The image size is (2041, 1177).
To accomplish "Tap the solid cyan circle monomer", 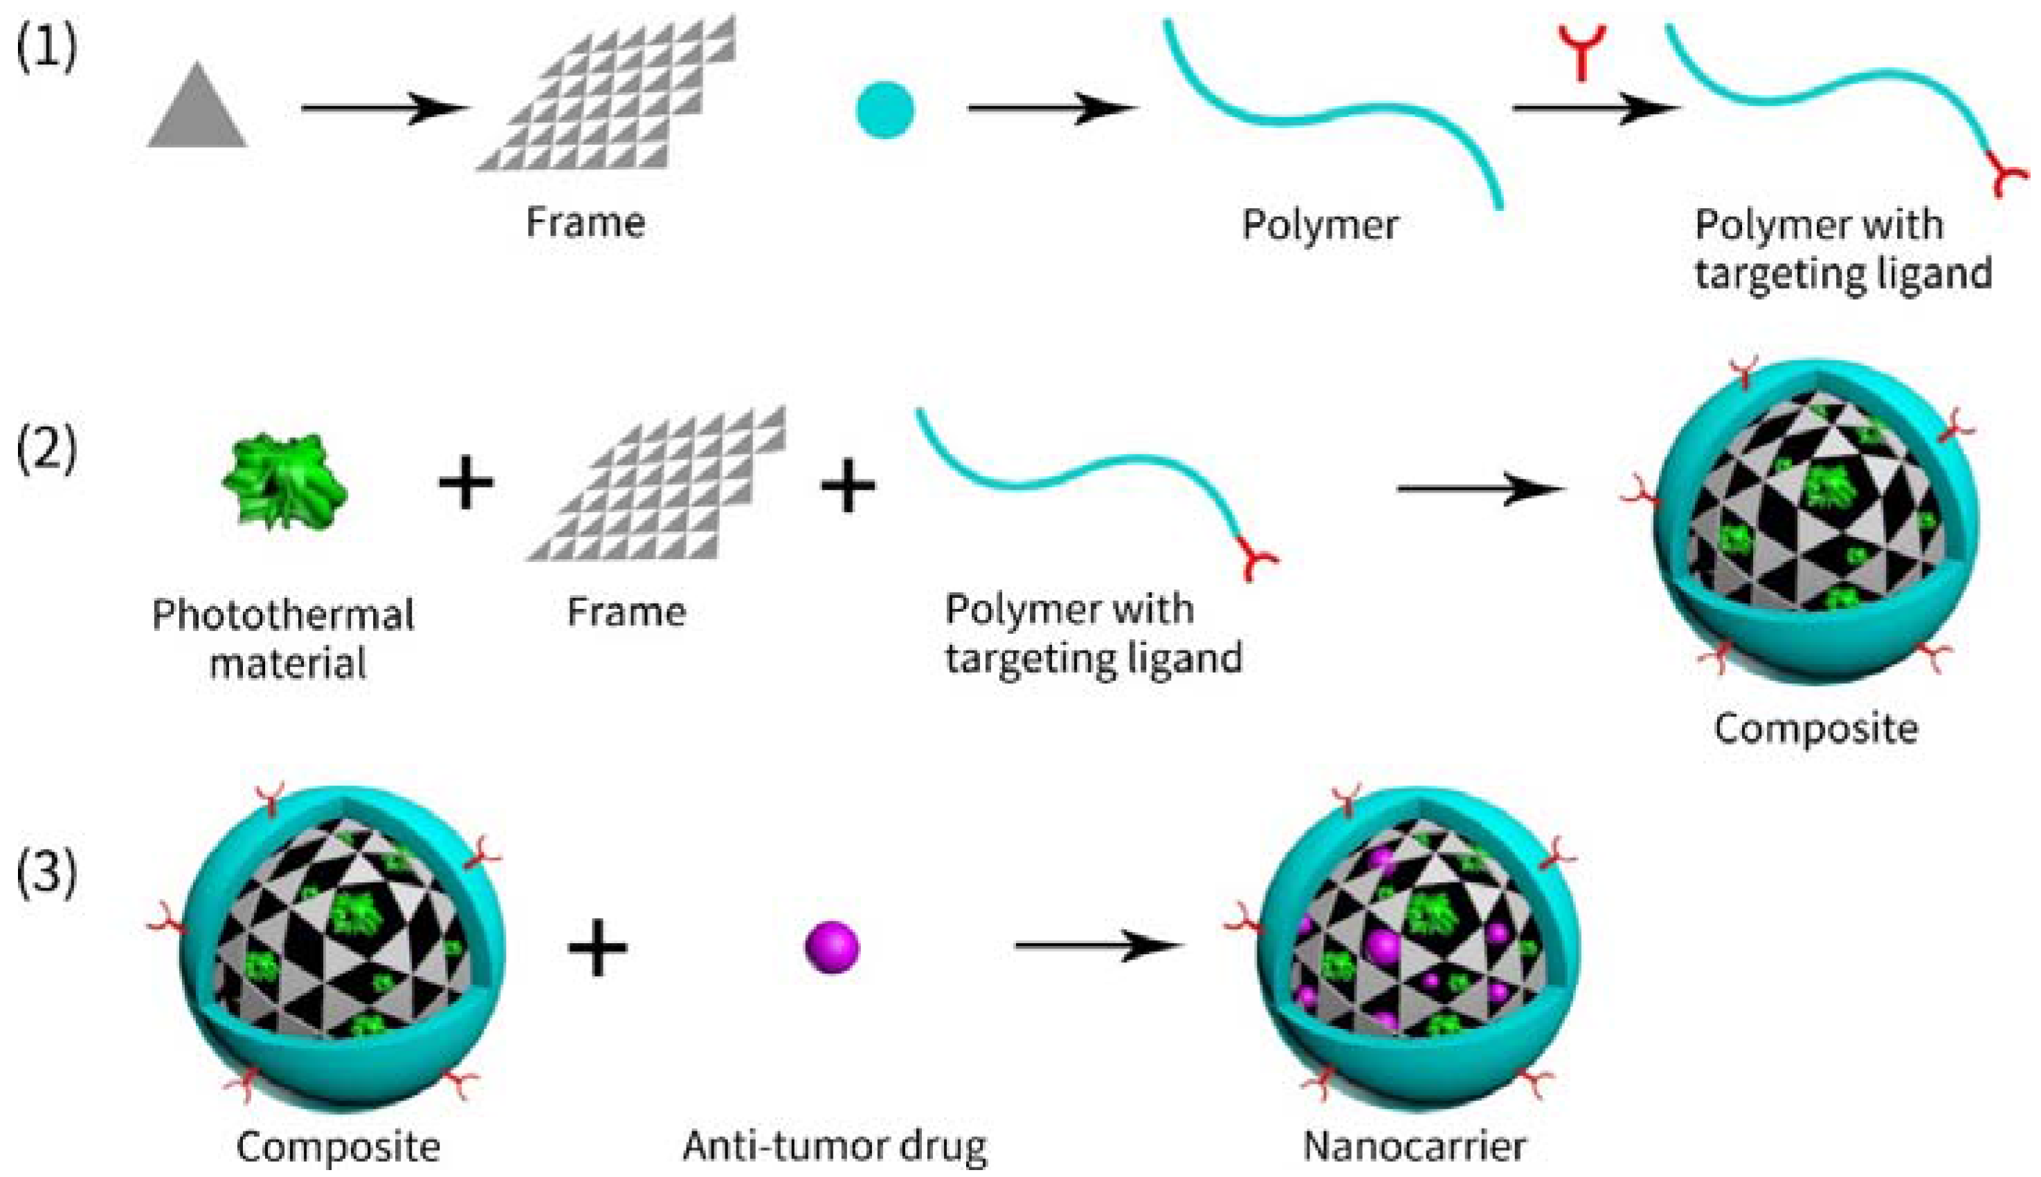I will pyautogui.click(x=885, y=110).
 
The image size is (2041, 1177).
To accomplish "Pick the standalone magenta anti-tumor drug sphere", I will pyautogui.click(x=832, y=947).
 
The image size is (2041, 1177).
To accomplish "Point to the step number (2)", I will pyautogui.click(x=46, y=448).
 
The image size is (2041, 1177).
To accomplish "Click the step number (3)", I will pyautogui.click(x=46, y=873).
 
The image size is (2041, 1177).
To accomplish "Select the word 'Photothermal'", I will pyautogui.click(x=283, y=616).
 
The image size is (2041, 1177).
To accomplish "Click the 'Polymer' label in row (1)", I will pyautogui.click(x=1319, y=225).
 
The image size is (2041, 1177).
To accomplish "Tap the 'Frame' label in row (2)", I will pyautogui.click(x=626, y=612).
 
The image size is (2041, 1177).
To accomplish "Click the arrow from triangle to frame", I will pyautogui.click(x=384, y=109).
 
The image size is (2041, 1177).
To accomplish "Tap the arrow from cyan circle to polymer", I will pyautogui.click(x=1051, y=109).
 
